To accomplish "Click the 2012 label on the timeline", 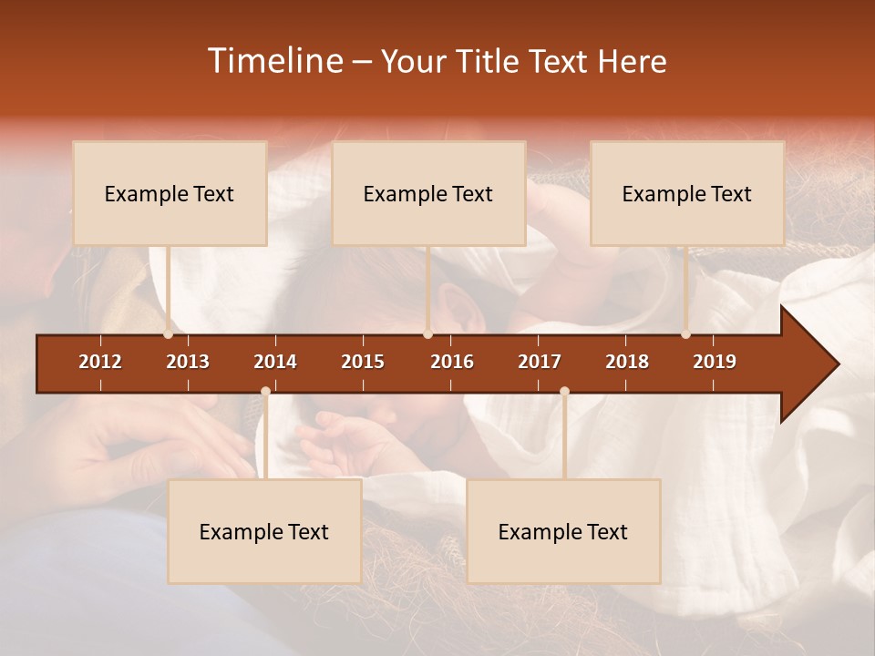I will pyautogui.click(x=100, y=362).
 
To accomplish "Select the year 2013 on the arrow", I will pyautogui.click(x=188, y=362).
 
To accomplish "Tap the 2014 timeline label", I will pyautogui.click(x=275, y=362).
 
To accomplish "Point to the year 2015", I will pyautogui.click(x=363, y=362).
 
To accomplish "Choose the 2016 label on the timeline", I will pyautogui.click(x=452, y=362).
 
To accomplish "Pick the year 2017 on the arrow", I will pyautogui.click(x=540, y=362).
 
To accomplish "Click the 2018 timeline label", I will pyautogui.click(x=627, y=362).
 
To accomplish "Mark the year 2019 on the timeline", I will pyautogui.click(x=715, y=362).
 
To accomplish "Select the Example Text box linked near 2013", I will pyautogui.click(x=170, y=193).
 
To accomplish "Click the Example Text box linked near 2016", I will pyautogui.click(x=428, y=193).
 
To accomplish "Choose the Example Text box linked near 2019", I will pyautogui.click(x=687, y=193).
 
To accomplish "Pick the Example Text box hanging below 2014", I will pyautogui.click(x=264, y=531).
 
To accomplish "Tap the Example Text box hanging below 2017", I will pyautogui.click(x=563, y=531).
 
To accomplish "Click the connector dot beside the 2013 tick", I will pyautogui.click(x=169, y=334).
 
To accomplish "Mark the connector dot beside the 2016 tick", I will pyautogui.click(x=427, y=334).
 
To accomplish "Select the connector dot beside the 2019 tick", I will pyautogui.click(x=685, y=334).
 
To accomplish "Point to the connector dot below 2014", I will pyautogui.click(x=265, y=392).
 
